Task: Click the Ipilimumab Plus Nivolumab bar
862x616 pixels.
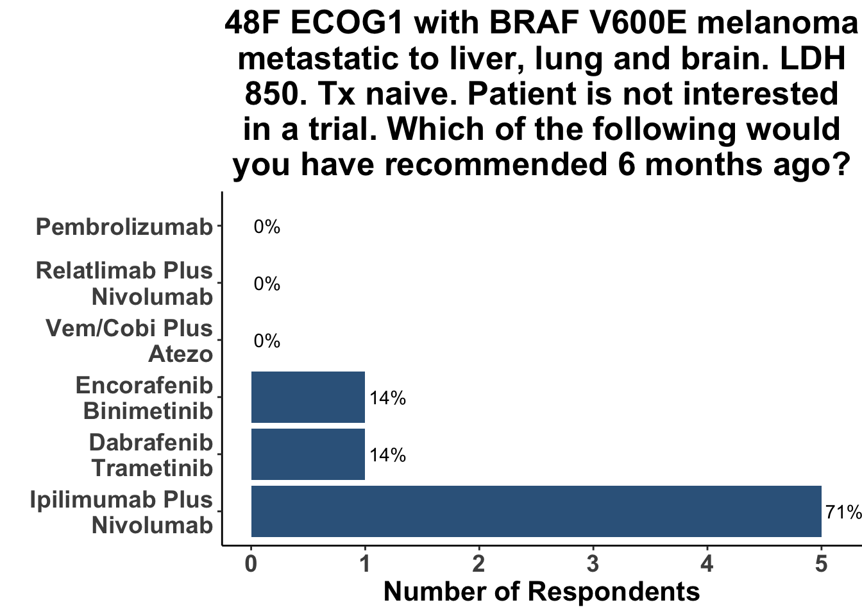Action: (x=536, y=511)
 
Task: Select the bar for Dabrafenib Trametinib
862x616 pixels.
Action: (x=308, y=454)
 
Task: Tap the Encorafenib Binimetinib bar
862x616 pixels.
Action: (x=308, y=397)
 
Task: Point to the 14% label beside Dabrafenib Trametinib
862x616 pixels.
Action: (x=387, y=456)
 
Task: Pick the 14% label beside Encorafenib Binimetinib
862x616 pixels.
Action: (x=387, y=398)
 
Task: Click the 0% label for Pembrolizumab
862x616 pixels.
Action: (x=267, y=227)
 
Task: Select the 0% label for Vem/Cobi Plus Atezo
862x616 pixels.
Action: (x=267, y=341)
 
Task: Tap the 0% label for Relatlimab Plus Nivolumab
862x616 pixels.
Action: (x=267, y=284)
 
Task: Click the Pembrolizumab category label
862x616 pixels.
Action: (x=124, y=227)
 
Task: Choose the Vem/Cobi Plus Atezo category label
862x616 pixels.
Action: (x=130, y=341)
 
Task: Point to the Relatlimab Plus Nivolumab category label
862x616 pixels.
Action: (x=124, y=284)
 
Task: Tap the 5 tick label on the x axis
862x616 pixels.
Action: (x=821, y=565)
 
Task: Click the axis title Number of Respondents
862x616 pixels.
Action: (x=541, y=592)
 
